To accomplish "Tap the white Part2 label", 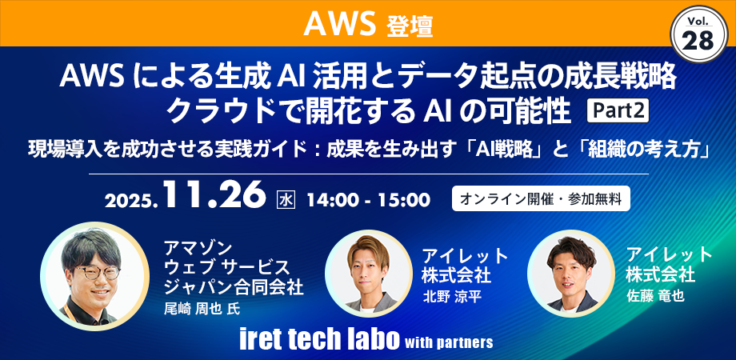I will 618,109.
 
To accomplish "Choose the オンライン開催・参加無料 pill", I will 541,198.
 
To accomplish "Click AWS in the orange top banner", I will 339,24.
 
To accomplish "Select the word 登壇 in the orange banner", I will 410,26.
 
